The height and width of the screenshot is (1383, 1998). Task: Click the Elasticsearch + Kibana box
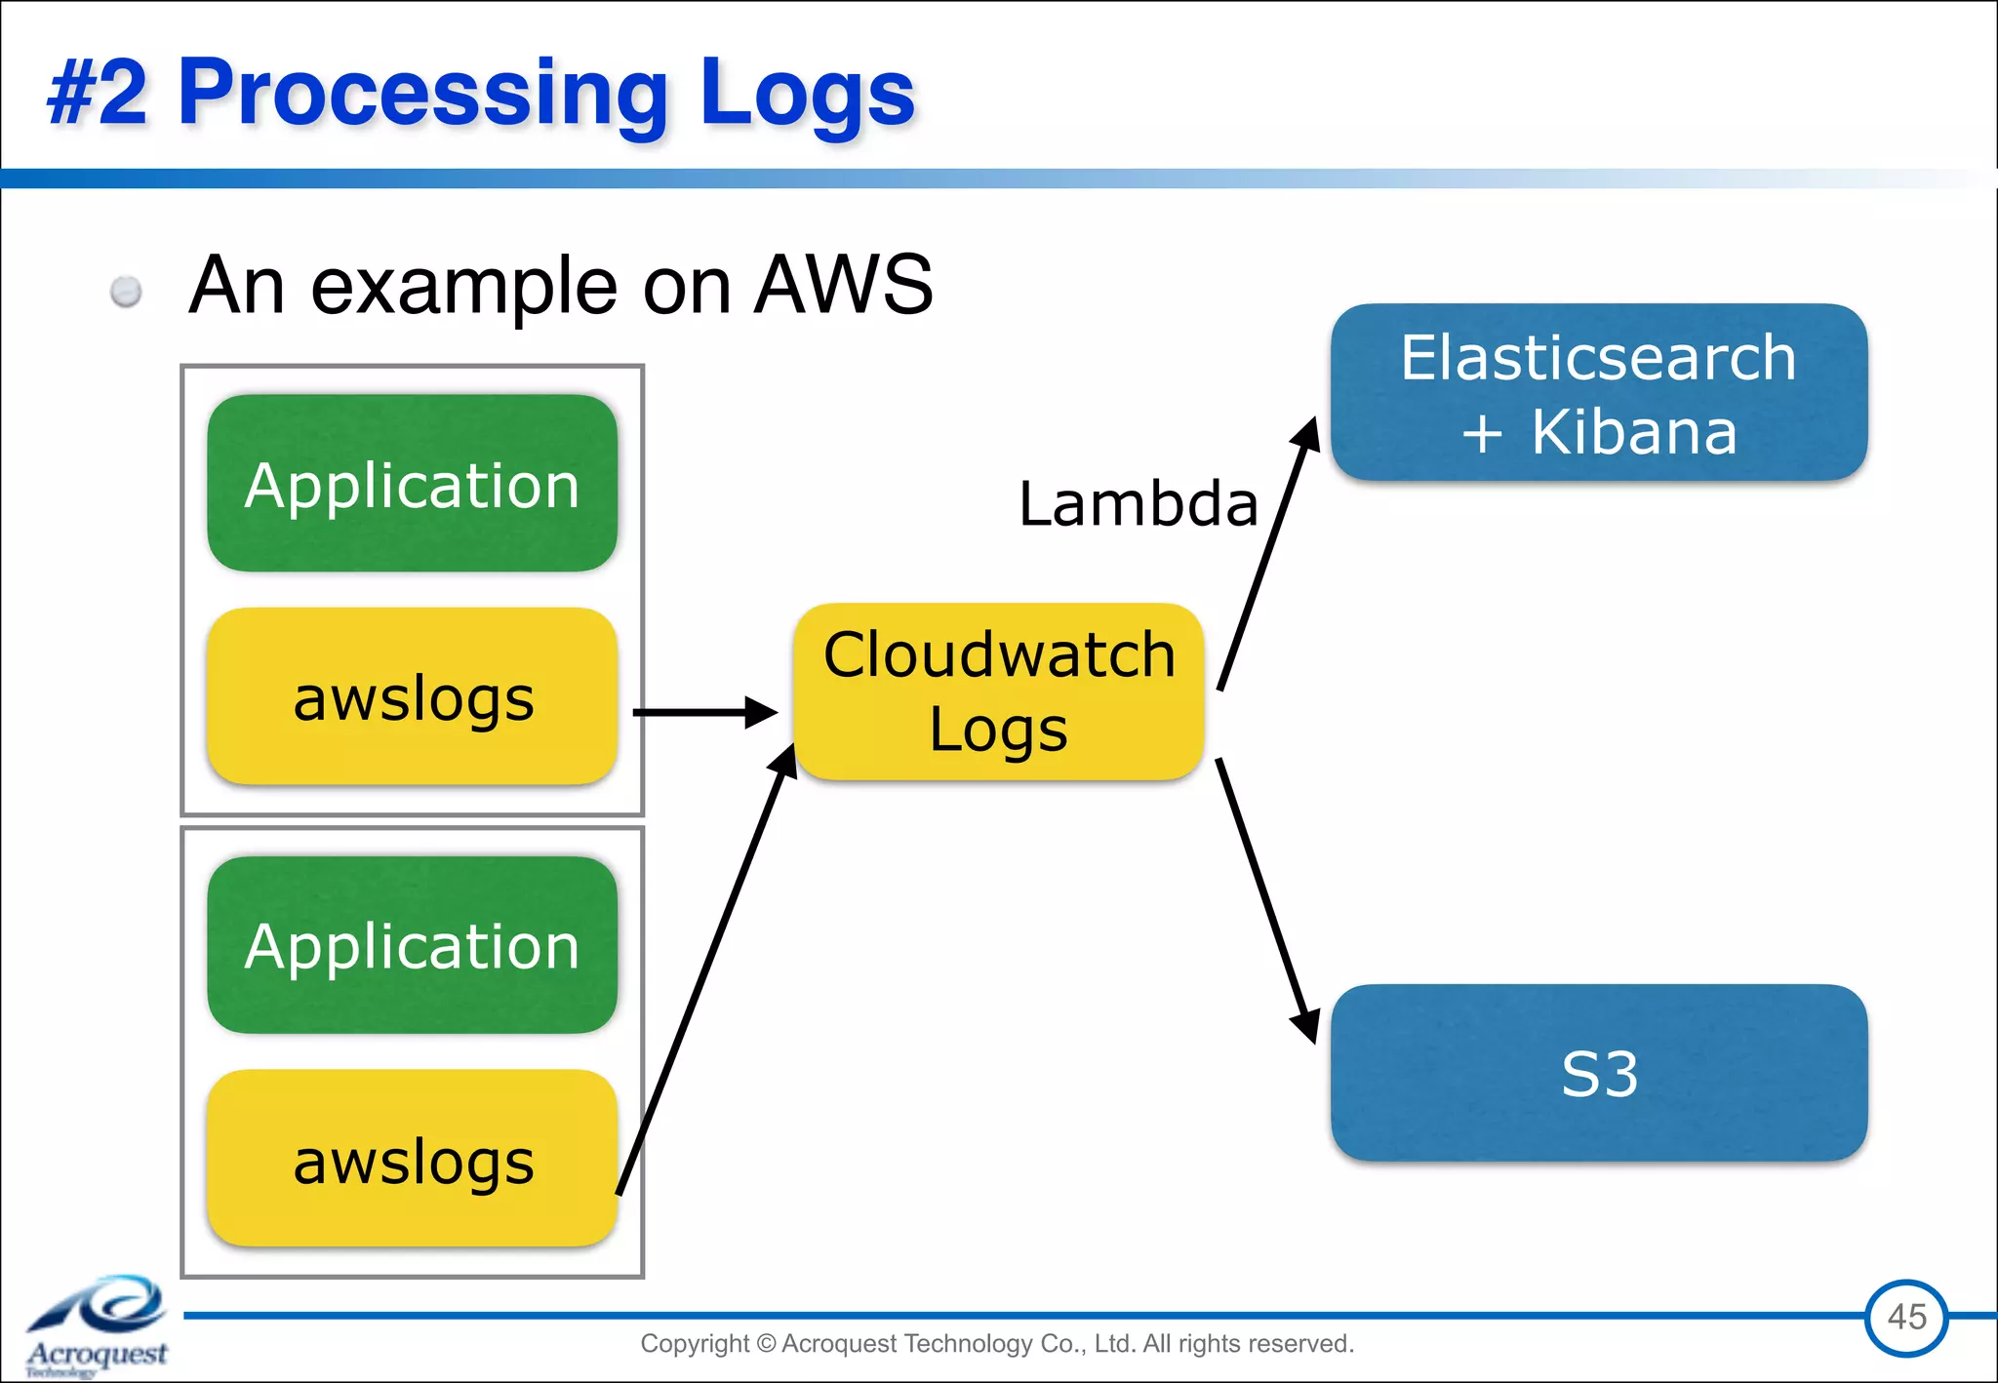click(1598, 392)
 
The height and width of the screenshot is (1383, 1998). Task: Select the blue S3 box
click(1598, 1073)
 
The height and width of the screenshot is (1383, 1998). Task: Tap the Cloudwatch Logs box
click(999, 691)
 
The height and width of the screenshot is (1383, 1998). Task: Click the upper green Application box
click(412, 484)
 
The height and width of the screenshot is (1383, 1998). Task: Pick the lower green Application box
click(412, 945)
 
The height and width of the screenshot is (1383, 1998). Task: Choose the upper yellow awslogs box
click(412, 696)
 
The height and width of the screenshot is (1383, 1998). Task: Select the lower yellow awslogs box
click(412, 1159)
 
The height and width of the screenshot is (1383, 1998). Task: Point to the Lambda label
click(1138, 504)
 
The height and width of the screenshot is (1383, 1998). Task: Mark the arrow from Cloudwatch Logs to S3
click(1266, 897)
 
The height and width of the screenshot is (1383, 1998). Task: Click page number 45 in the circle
click(1906, 1317)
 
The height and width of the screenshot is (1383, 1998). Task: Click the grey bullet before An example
click(126, 291)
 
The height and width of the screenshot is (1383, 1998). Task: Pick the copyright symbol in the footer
click(766, 1344)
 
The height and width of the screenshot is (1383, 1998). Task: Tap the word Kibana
click(1634, 432)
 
